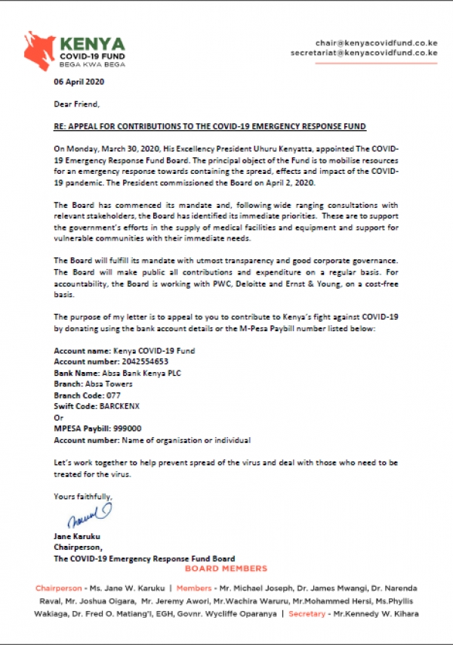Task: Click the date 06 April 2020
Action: coord(79,82)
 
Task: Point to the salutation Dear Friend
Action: coord(77,104)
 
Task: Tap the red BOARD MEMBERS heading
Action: coord(226,568)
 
